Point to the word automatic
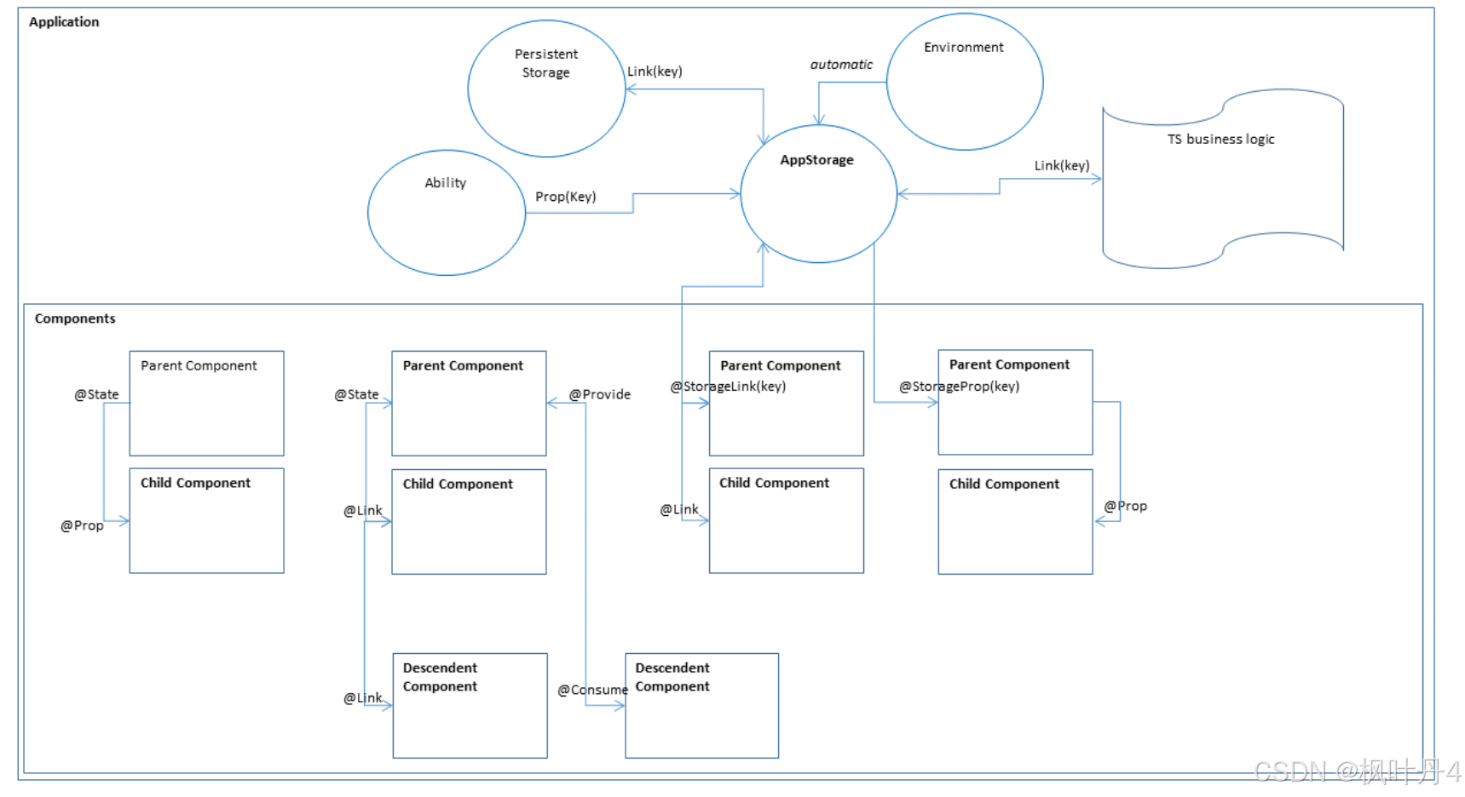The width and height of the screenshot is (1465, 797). (x=841, y=65)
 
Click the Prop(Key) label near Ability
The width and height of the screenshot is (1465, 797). (x=566, y=197)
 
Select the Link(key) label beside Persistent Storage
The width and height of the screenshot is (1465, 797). (x=655, y=72)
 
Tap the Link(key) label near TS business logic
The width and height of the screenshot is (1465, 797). (x=1062, y=165)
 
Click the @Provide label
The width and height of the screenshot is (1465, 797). (x=600, y=394)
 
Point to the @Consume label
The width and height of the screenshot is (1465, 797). (x=592, y=690)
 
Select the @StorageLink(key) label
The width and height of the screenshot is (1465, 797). (x=728, y=387)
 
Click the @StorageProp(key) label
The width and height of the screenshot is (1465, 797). (x=959, y=387)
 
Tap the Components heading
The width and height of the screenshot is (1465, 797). (x=75, y=318)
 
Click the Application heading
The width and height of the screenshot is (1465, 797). (x=64, y=22)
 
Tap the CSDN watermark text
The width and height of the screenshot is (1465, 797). (x=1358, y=771)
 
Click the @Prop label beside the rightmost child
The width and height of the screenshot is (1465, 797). (x=1126, y=506)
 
